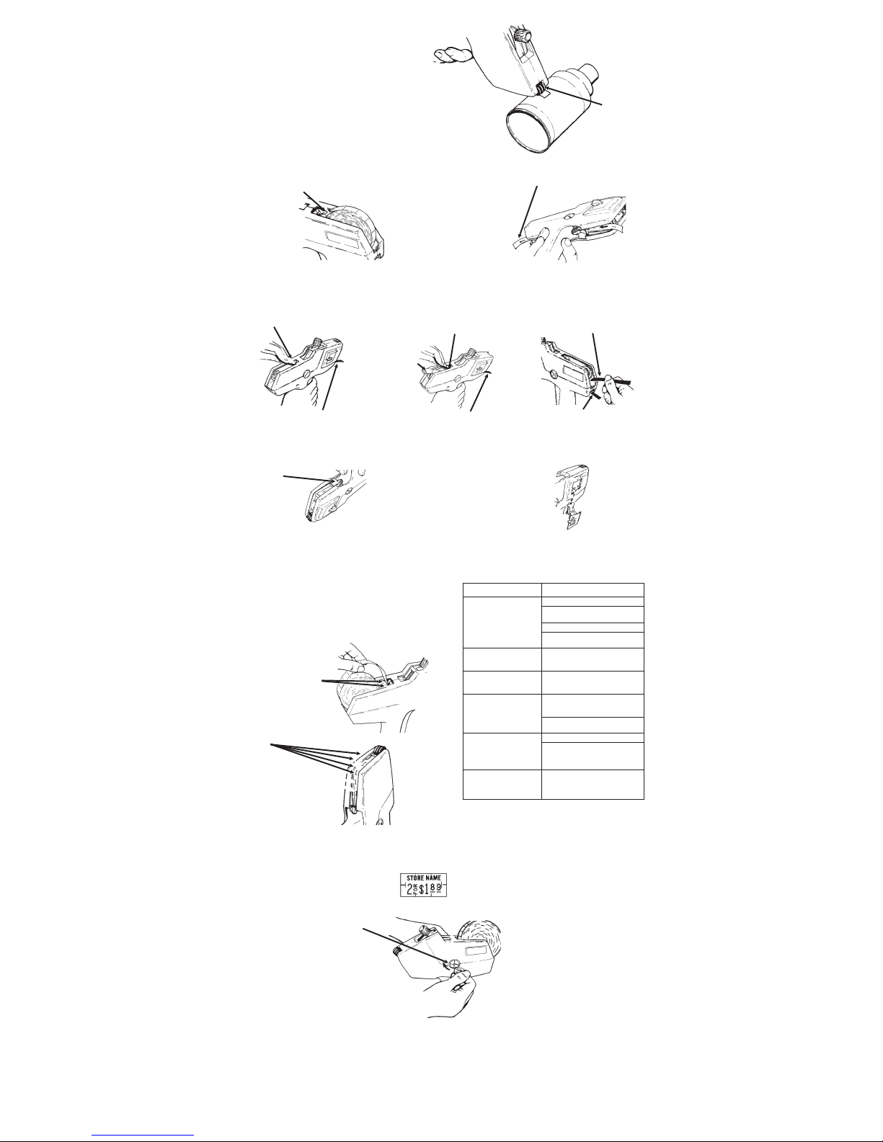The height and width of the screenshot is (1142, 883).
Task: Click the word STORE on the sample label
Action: click(x=414, y=878)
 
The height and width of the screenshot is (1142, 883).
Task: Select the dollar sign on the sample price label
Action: click(x=422, y=889)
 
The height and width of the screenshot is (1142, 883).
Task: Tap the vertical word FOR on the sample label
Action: click(x=416, y=889)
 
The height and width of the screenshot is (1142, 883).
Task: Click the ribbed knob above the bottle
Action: click(x=521, y=37)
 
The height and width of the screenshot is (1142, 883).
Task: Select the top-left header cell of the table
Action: click(x=502, y=589)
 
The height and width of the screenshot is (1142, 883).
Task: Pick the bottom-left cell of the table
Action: click(x=502, y=785)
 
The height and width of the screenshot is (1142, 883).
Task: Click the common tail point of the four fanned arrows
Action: click(x=271, y=745)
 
